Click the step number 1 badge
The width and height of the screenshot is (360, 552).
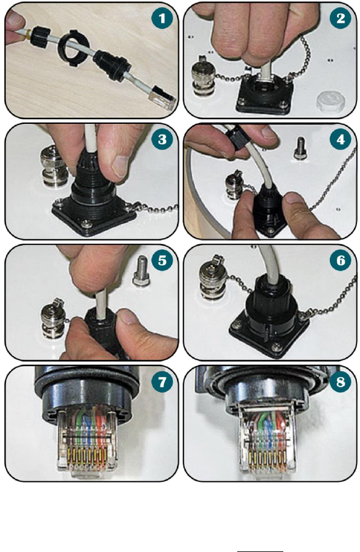click(162, 18)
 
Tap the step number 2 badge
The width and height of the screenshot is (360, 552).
click(341, 18)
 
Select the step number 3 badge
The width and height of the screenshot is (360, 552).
click(162, 139)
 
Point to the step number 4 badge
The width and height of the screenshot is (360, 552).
click(341, 139)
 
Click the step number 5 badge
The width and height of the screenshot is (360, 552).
click(162, 260)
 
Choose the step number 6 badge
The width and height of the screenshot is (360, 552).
click(341, 260)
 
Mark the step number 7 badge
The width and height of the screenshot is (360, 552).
click(162, 381)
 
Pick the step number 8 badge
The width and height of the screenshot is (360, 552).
click(341, 381)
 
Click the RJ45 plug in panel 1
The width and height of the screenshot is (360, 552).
click(162, 98)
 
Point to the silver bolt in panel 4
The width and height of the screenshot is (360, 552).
click(299, 148)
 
